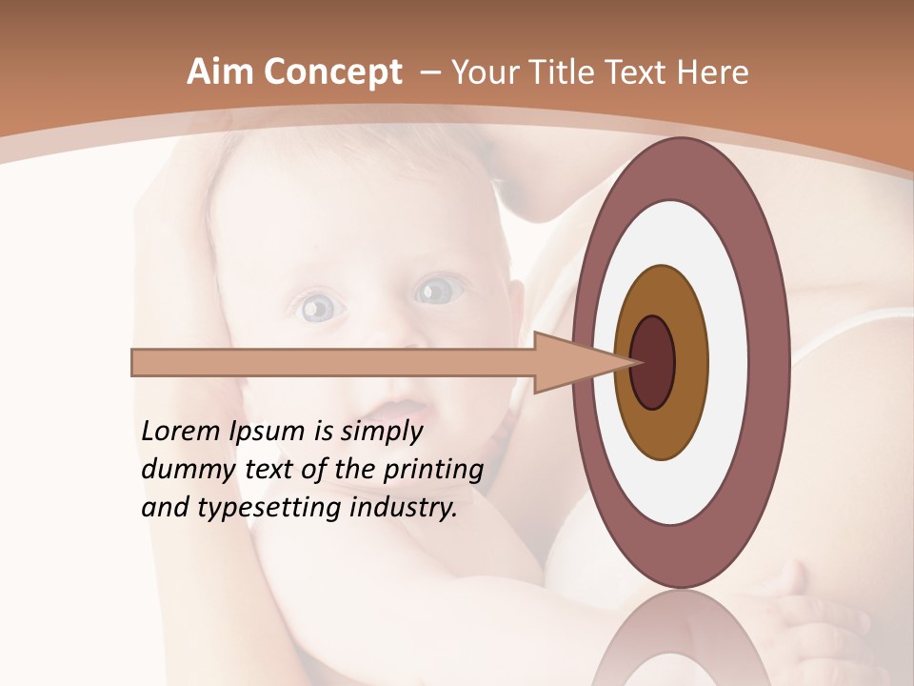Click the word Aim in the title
click(221, 72)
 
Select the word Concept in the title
click(333, 73)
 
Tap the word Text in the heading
click(639, 72)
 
